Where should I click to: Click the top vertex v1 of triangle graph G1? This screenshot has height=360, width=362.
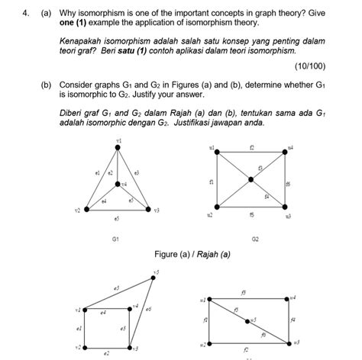point(118,147)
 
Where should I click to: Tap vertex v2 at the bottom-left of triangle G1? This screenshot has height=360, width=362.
point(87,207)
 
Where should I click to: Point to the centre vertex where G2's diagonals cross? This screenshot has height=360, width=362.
point(250,180)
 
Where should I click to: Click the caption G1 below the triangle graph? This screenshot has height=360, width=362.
point(115,239)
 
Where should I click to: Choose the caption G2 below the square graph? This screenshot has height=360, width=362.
point(255,239)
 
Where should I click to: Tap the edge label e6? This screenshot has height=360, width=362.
point(148,309)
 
